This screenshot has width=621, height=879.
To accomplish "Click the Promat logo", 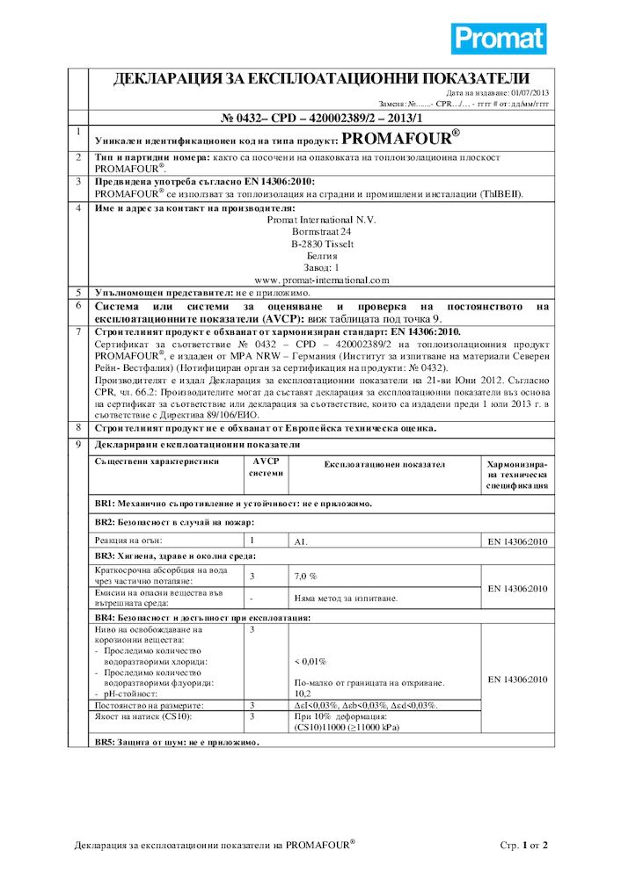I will [x=499, y=39].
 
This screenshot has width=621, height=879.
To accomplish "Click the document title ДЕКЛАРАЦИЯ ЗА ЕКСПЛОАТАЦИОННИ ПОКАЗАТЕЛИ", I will [x=321, y=79].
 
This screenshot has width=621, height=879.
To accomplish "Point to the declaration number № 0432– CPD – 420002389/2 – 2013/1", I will [x=321, y=118].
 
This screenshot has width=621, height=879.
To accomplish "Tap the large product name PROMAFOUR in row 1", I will [x=399, y=139].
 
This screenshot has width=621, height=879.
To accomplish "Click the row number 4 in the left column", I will [x=78, y=208].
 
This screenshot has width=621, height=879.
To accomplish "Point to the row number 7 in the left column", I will [x=78, y=332].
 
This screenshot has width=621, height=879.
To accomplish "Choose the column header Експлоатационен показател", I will [x=384, y=464].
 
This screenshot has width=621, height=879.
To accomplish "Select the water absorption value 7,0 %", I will [x=304, y=576].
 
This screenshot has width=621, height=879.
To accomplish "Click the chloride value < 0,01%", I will [x=310, y=661].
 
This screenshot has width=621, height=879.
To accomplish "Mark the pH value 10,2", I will [x=301, y=693].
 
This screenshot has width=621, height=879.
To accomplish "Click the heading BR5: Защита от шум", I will [x=176, y=743].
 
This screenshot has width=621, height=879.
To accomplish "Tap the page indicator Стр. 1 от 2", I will [x=523, y=846].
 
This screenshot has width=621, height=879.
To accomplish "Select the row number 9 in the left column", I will [x=78, y=446].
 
